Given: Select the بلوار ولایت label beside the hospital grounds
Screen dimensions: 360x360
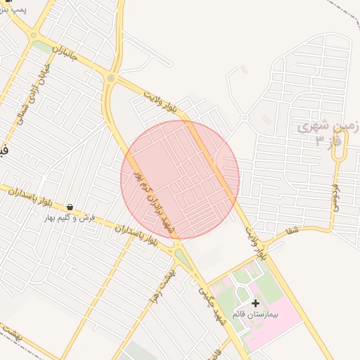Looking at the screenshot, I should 257,243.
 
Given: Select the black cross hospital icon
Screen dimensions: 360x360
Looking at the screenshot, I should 255,302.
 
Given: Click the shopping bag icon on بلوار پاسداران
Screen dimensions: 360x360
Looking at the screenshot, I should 70,207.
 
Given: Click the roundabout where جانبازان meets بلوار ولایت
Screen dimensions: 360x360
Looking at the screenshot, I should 110,77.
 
